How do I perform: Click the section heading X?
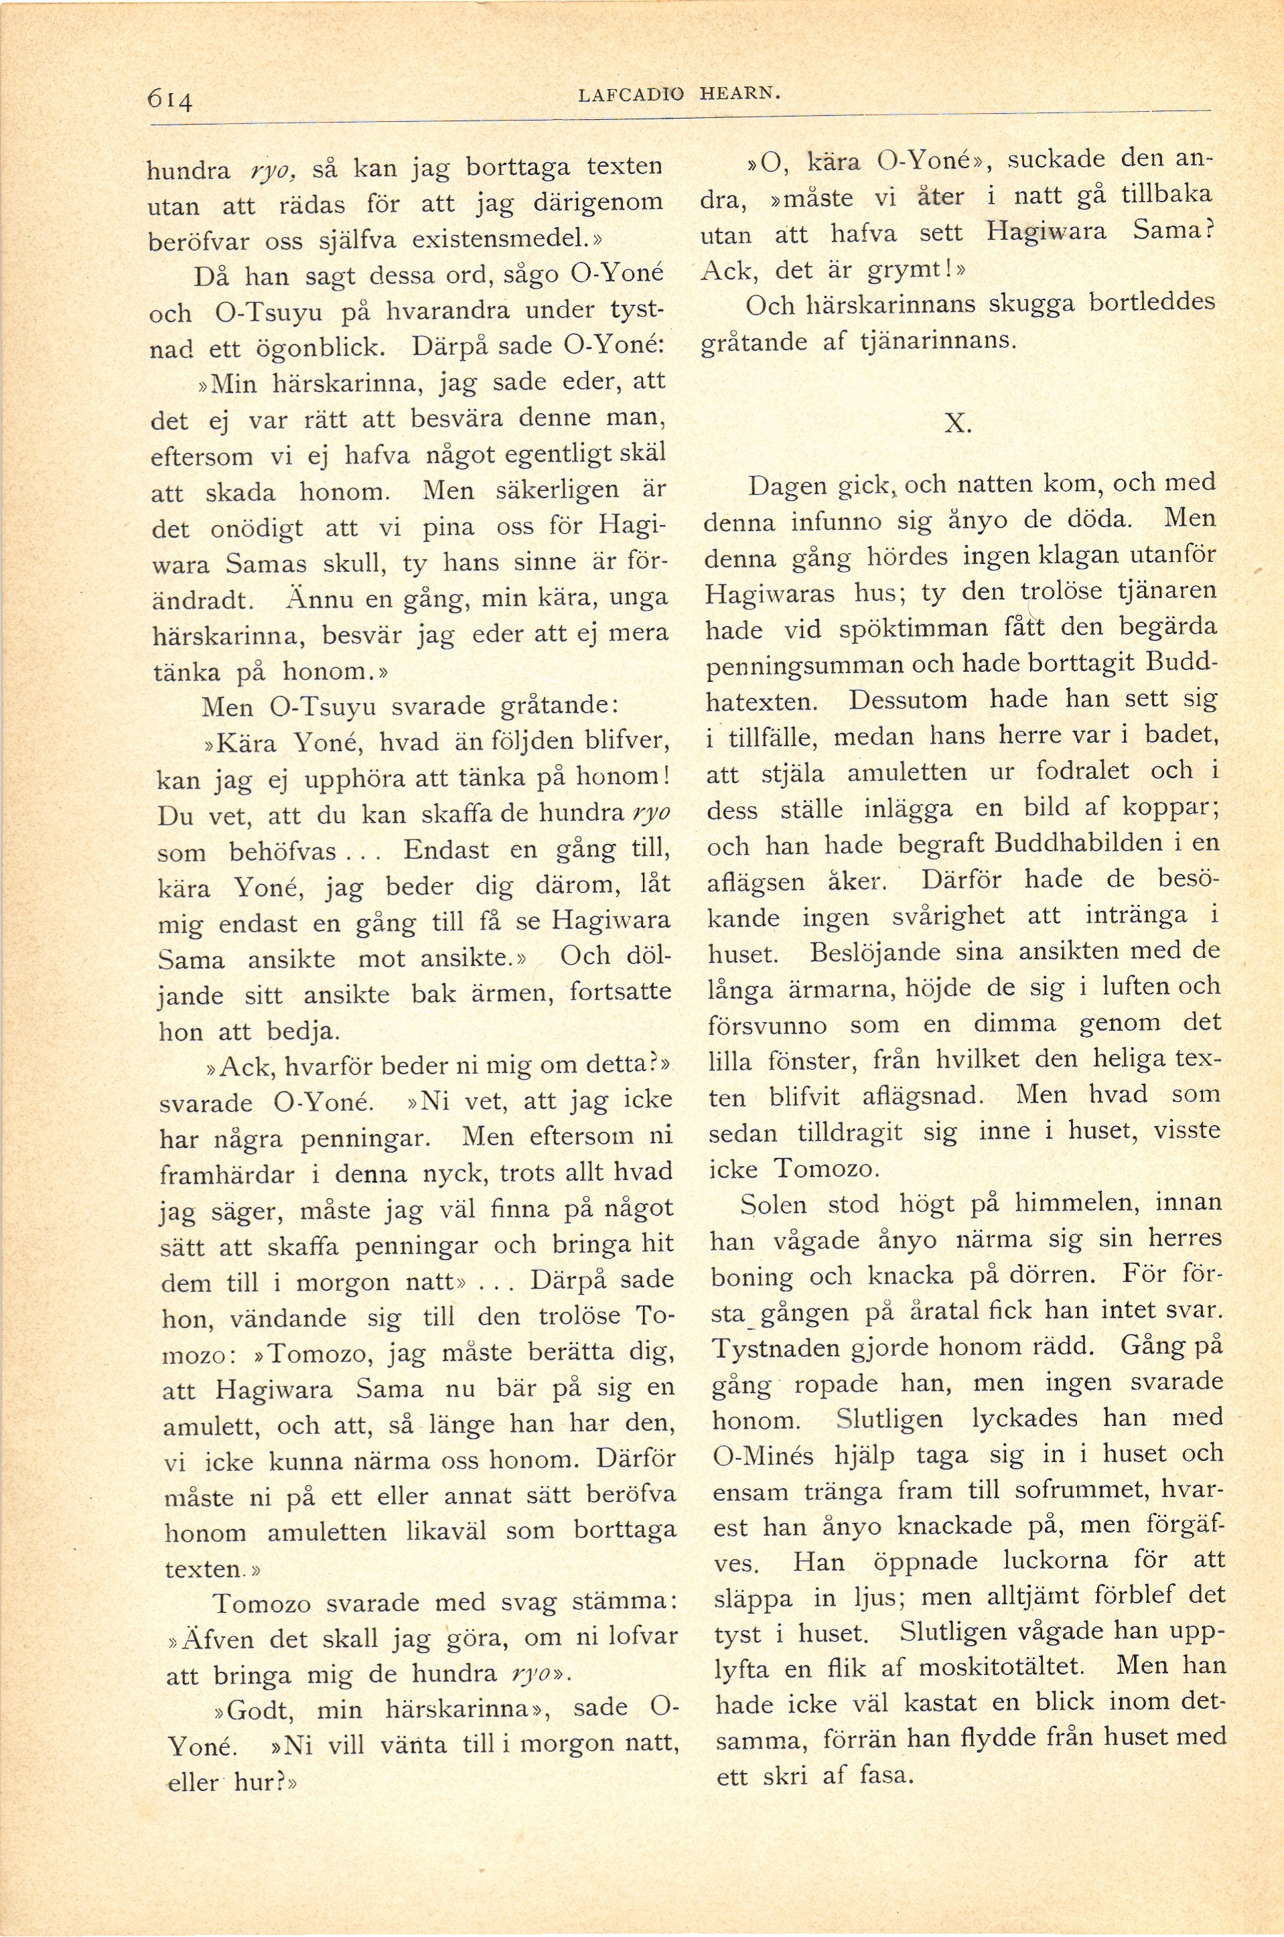(957, 423)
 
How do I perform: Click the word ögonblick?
(313, 347)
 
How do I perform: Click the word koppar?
(1175, 808)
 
